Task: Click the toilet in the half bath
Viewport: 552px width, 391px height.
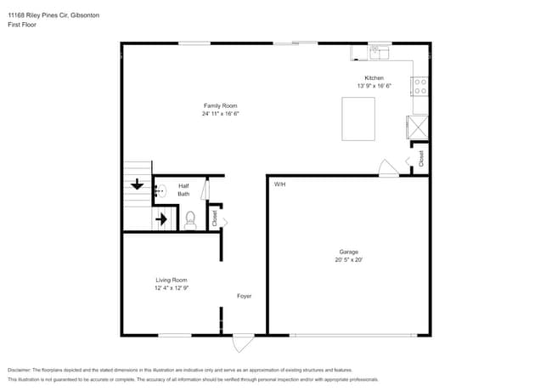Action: [x=189, y=219]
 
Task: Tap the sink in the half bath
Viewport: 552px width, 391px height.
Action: [x=160, y=191]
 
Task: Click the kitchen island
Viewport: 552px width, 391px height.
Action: [x=358, y=118]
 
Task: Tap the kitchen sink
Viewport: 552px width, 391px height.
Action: [x=379, y=53]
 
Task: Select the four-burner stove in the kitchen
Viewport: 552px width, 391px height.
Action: [x=420, y=85]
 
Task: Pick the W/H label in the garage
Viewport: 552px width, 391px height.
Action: [x=279, y=184]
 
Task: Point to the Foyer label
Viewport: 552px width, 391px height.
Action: [x=244, y=296]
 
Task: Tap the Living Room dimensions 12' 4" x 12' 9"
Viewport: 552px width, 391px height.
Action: [x=171, y=288]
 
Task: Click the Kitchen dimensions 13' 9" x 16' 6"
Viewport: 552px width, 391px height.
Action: [x=374, y=86]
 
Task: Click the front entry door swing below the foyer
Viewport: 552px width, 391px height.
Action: [x=243, y=343]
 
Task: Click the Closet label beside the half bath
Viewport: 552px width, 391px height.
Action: [x=215, y=218]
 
